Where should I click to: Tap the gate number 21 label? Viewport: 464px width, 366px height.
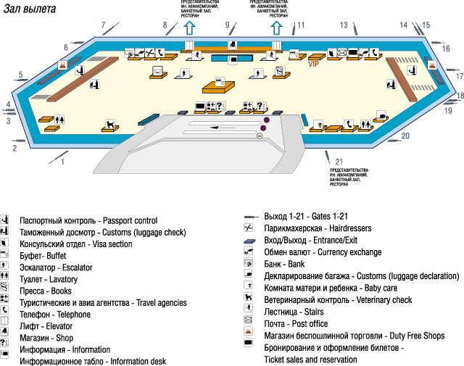pyautogui.click(x=339, y=162)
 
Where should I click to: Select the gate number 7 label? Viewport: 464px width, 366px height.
pyautogui.click(x=103, y=25)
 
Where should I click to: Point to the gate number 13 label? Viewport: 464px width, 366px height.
pyautogui.click(x=344, y=25)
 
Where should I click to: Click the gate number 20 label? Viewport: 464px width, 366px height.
pyautogui.click(x=405, y=136)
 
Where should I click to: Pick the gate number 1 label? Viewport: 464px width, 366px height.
pyautogui.click(x=62, y=162)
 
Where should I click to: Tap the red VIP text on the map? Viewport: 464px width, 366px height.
pyautogui.click(x=314, y=63)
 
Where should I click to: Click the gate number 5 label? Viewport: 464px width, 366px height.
pyautogui.click(x=21, y=75)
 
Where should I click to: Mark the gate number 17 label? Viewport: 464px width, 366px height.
pyautogui.click(x=459, y=76)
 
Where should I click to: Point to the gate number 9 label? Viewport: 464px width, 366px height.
pyautogui.click(x=228, y=25)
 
